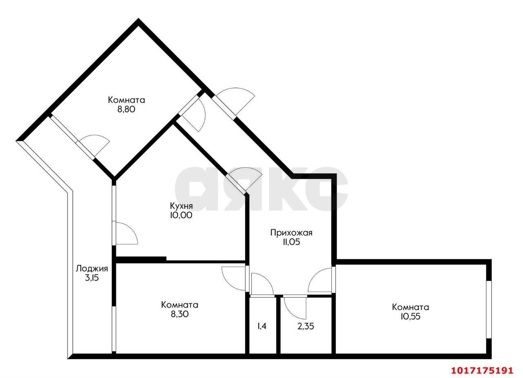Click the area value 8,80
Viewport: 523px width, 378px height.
coord(126,109)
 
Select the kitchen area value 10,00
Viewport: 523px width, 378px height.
coord(181,215)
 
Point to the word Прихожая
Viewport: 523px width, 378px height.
coord(291,233)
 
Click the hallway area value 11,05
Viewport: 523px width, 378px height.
coord(291,242)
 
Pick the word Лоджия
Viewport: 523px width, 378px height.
coord(92,269)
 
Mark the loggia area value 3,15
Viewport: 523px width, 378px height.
coord(92,278)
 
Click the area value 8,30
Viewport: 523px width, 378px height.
coord(179,314)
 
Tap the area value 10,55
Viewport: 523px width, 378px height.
coord(411,316)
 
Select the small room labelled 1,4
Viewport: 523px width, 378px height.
coord(262,326)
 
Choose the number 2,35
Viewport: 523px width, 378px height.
coord(306,326)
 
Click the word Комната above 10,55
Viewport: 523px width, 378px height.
coord(411,307)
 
